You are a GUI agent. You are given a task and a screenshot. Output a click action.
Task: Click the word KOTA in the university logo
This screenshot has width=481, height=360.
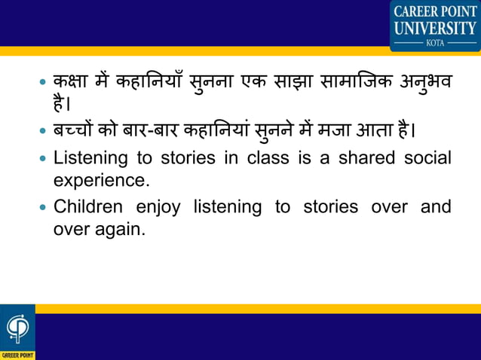[435, 43]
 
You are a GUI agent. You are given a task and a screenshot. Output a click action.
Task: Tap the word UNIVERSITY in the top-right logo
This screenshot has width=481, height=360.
[435, 28]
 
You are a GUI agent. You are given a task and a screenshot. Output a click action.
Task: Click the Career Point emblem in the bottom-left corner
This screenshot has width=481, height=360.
[16, 328]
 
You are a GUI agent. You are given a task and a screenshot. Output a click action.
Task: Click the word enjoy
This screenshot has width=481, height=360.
[158, 207]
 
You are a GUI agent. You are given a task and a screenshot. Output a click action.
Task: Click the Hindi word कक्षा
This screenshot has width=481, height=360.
[72, 81]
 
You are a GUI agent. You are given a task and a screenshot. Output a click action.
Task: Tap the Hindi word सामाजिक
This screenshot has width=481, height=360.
[363, 81]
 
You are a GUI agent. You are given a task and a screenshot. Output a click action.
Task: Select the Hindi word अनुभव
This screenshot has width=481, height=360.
[426, 81]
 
